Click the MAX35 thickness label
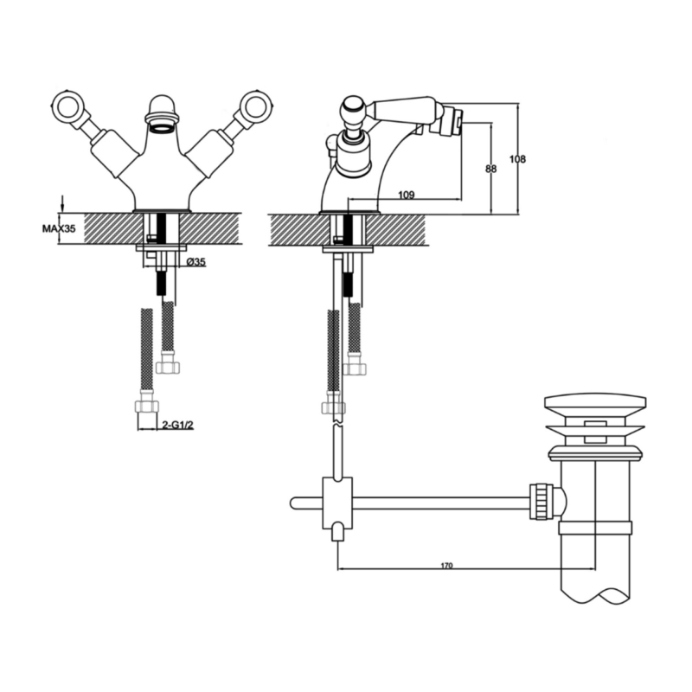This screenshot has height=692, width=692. tap(59, 228)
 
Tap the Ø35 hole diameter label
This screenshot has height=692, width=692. tap(196, 262)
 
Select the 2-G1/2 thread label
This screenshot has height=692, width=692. tap(178, 426)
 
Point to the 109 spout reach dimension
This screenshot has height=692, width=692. tap(407, 195)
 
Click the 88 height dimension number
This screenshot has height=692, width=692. tap(490, 169)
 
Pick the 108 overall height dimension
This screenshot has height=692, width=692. tap(517, 159)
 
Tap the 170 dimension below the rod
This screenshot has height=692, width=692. tap(446, 566)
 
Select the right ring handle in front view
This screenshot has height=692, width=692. tap(257, 105)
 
